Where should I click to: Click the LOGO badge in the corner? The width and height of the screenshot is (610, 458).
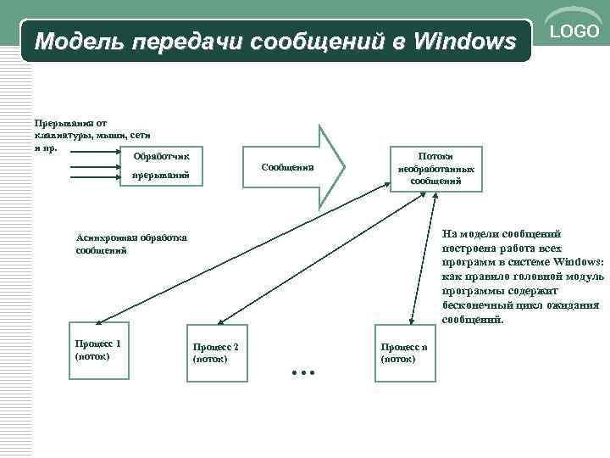point(575,32)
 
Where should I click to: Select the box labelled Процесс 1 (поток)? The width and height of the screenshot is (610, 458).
point(98,349)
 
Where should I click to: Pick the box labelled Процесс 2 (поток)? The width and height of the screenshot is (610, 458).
point(217,353)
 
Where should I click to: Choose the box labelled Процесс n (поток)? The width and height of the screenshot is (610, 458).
point(404,353)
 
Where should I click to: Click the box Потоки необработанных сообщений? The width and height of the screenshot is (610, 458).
point(435,168)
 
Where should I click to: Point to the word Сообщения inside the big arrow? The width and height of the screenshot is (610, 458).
point(288,167)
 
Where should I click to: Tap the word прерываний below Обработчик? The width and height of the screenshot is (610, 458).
point(153,176)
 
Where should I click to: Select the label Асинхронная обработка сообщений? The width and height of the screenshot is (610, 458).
point(131,244)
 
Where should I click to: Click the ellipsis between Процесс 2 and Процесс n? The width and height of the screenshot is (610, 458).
point(302,371)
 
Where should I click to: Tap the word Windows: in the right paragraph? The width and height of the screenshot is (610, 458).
point(579,262)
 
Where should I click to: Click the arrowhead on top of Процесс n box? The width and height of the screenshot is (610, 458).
point(411,321)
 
